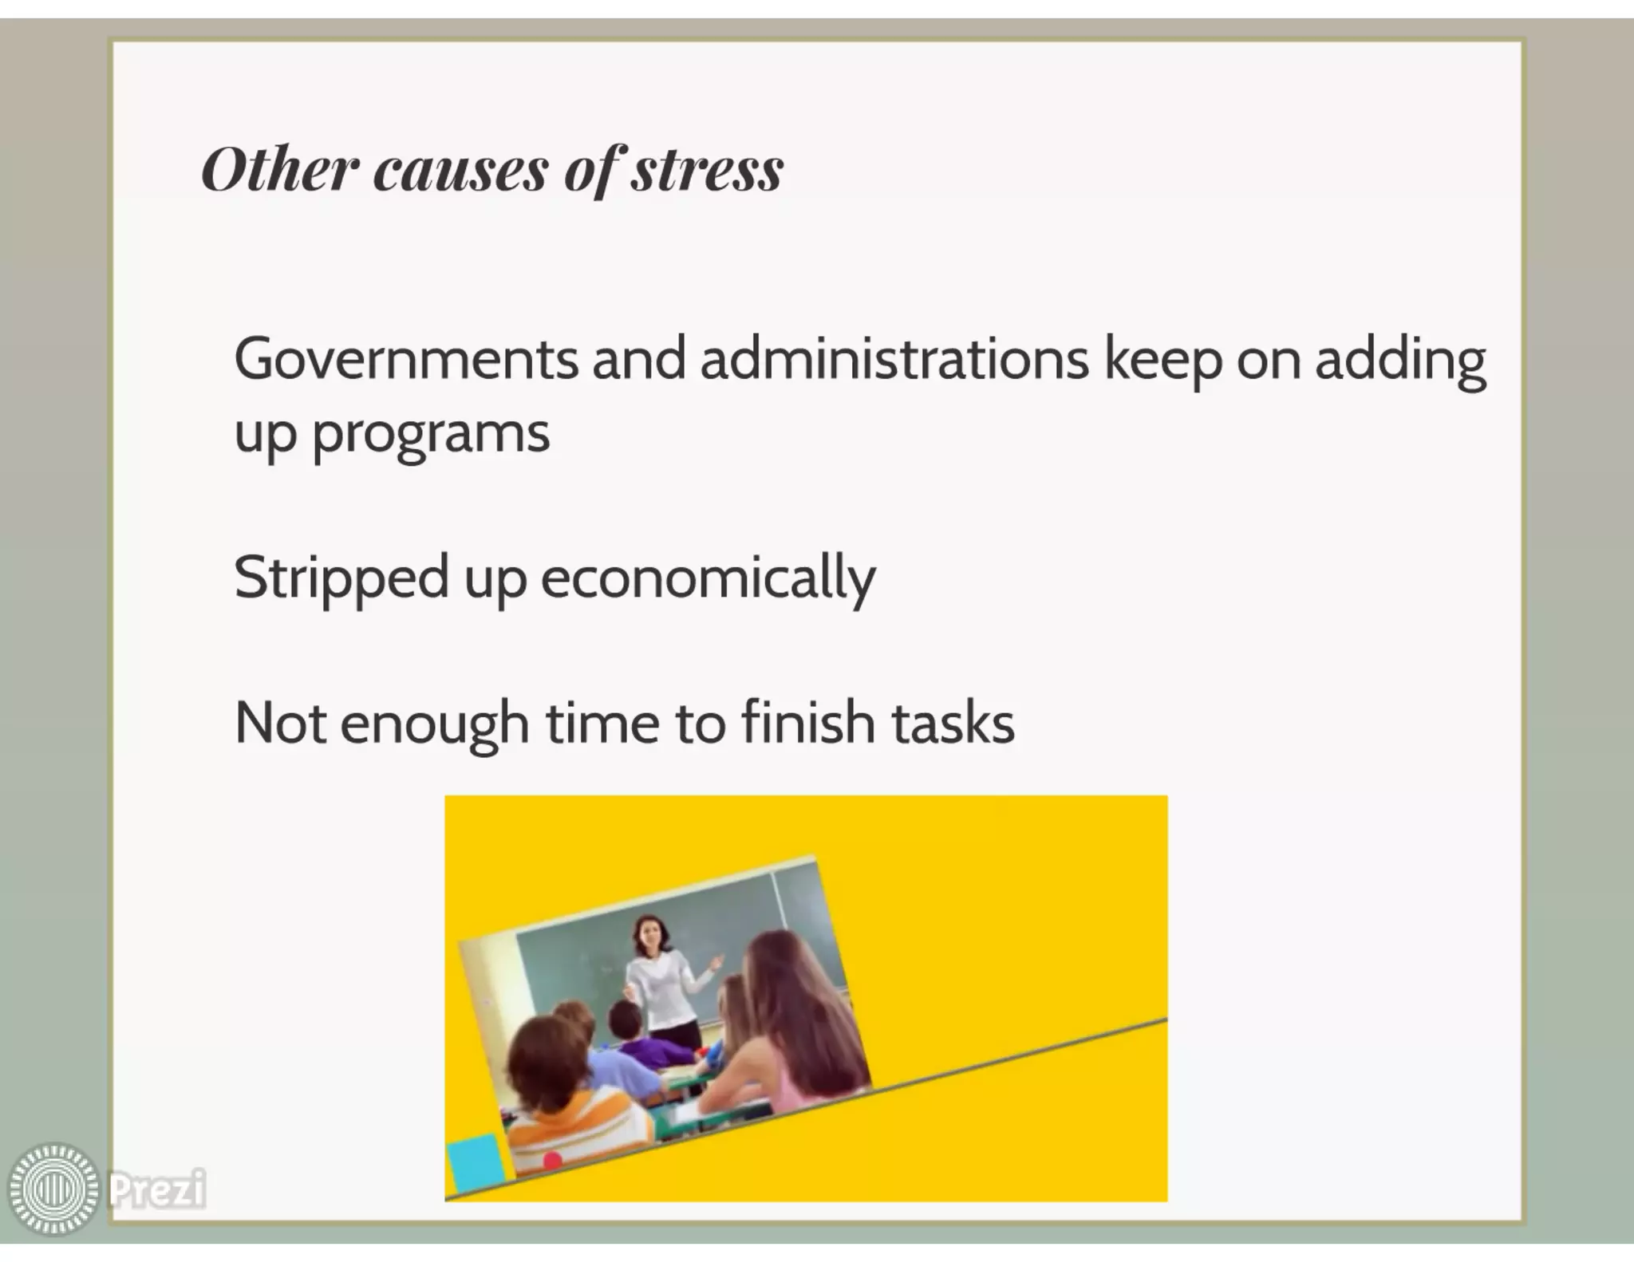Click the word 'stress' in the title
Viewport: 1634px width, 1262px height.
[x=707, y=170]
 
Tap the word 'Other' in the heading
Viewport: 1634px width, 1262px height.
[x=275, y=170]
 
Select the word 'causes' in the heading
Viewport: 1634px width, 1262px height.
[x=460, y=170]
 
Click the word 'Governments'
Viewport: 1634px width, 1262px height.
[x=405, y=360]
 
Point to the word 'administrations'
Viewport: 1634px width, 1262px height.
[x=894, y=360]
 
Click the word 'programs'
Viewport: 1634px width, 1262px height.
[x=431, y=436]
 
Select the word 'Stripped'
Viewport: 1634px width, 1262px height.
[x=341, y=579]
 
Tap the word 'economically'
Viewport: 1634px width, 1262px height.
[x=708, y=579]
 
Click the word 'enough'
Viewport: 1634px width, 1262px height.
[x=434, y=725]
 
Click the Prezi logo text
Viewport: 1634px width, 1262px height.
[x=156, y=1189]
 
